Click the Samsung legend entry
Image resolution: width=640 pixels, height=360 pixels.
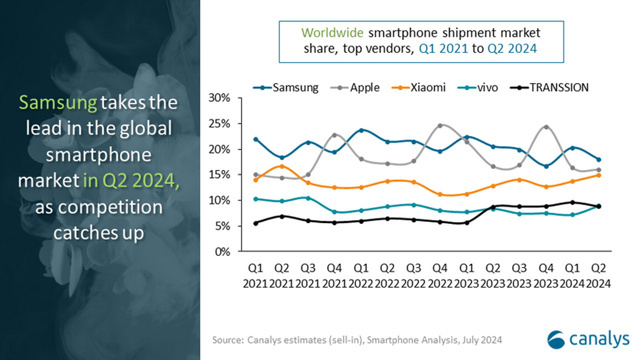click(x=285, y=87)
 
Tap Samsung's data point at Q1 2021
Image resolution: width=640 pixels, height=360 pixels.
click(x=257, y=139)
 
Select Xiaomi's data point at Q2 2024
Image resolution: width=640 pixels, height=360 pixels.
click(x=596, y=175)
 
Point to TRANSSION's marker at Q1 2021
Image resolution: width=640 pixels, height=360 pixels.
click(x=257, y=223)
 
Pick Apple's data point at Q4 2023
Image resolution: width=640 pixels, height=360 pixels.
click(x=544, y=128)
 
